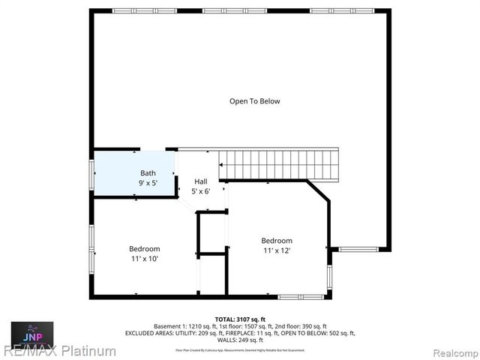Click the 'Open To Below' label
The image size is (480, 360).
[254, 101]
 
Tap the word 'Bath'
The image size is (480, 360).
[148, 173]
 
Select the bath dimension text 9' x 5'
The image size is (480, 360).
[148, 183]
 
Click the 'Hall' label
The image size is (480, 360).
[201, 181]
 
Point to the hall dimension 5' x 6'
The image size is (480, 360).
[201, 191]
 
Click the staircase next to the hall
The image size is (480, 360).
[278, 164]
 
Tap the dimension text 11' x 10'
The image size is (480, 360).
[144, 259]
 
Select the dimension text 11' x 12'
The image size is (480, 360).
[277, 250]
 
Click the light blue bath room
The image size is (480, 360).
[120, 176]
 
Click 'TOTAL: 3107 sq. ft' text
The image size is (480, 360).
[241, 319]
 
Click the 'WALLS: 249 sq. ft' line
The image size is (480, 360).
[241, 340]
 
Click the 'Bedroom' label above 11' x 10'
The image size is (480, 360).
[144, 249]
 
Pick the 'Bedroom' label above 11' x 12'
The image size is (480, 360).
[277, 241]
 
